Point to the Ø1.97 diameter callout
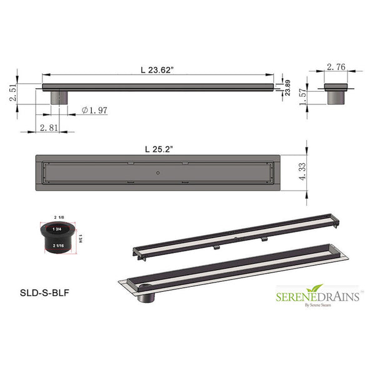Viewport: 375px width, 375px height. pyautogui.click(x=95, y=111)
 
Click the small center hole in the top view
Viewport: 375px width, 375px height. pyautogui.click(x=159, y=171)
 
